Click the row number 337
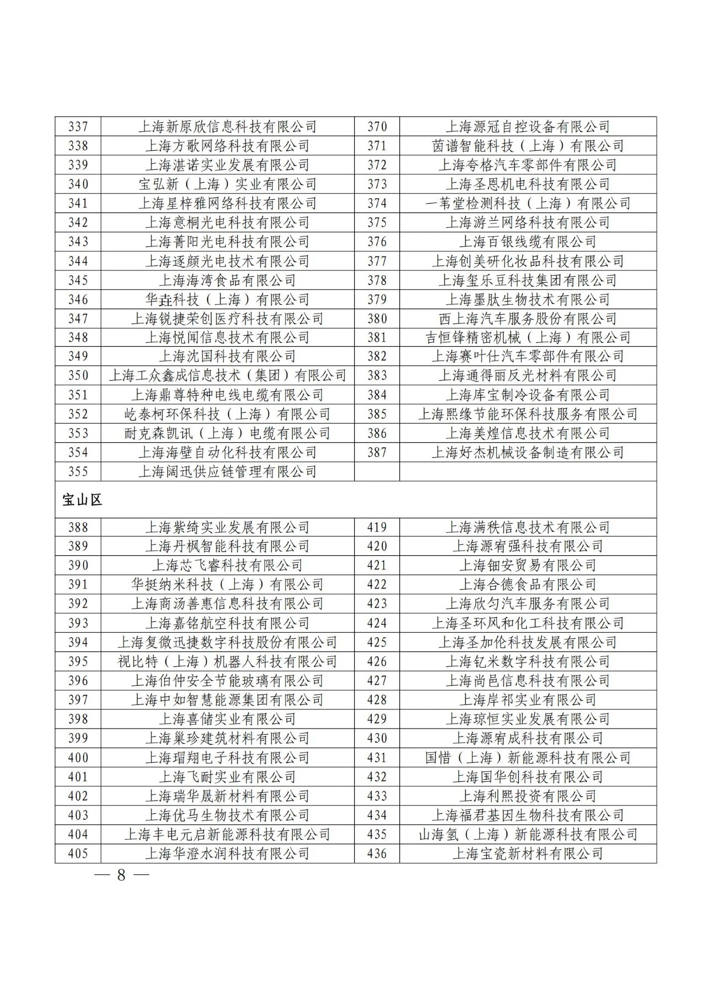click(78, 127)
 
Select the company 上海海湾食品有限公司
click(227, 280)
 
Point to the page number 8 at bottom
click(121, 875)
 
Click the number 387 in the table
click(377, 452)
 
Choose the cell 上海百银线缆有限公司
click(528, 242)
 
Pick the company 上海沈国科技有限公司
click(227, 356)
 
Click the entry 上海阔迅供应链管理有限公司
click(227, 472)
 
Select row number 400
click(78, 758)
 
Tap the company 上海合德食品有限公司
click(528, 584)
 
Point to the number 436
click(377, 853)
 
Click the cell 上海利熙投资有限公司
click(528, 796)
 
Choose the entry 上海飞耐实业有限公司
click(227, 777)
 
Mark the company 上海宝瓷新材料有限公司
click(528, 853)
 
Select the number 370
click(377, 127)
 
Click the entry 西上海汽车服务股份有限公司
click(528, 319)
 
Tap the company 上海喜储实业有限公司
click(227, 719)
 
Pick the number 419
click(377, 527)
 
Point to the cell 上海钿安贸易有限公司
click(528, 565)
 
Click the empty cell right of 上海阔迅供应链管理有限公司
click(528, 472)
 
